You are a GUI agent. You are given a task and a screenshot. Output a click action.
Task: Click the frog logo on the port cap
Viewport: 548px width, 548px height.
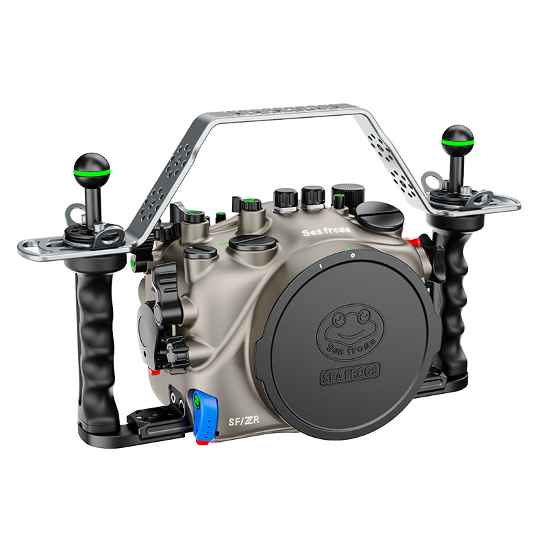tap(351, 332)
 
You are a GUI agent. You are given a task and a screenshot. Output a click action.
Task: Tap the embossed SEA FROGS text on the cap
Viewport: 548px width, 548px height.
tap(350, 373)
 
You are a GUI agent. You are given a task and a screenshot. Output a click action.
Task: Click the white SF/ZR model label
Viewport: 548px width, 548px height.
tap(244, 421)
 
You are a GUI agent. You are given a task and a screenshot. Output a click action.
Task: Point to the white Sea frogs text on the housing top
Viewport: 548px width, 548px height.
tap(326, 231)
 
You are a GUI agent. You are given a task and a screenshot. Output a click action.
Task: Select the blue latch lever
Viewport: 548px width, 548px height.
tap(203, 414)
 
